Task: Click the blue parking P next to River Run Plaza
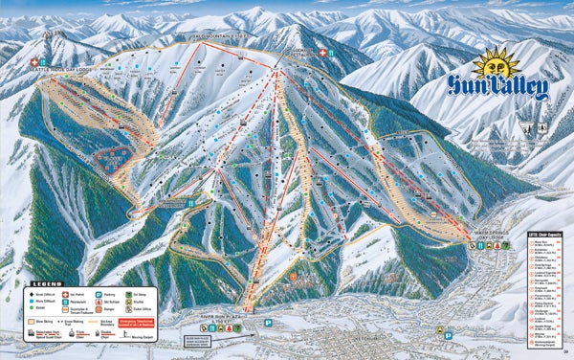pos(269,323)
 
